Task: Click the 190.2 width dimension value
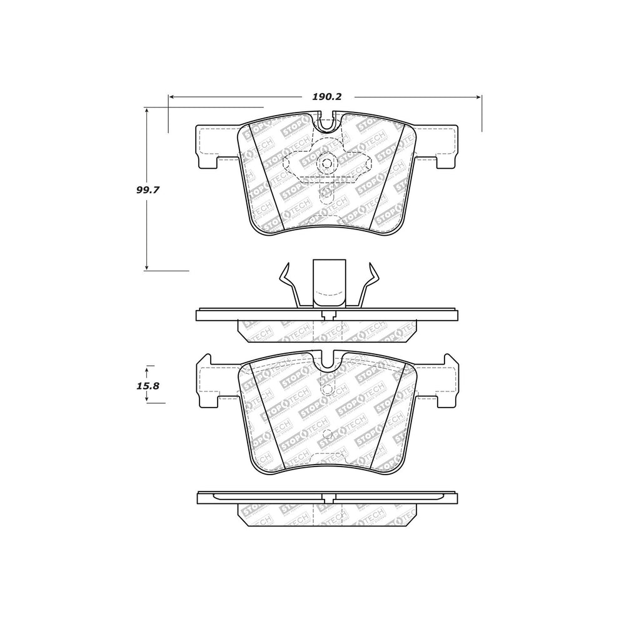[326, 97]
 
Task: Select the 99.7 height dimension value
[148, 190]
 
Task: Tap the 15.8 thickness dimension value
[148, 386]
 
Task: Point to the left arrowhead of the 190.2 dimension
[171, 97]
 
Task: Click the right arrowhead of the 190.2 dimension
[479, 97]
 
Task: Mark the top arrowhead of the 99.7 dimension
[146, 110]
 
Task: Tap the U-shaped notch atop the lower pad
[327, 360]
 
